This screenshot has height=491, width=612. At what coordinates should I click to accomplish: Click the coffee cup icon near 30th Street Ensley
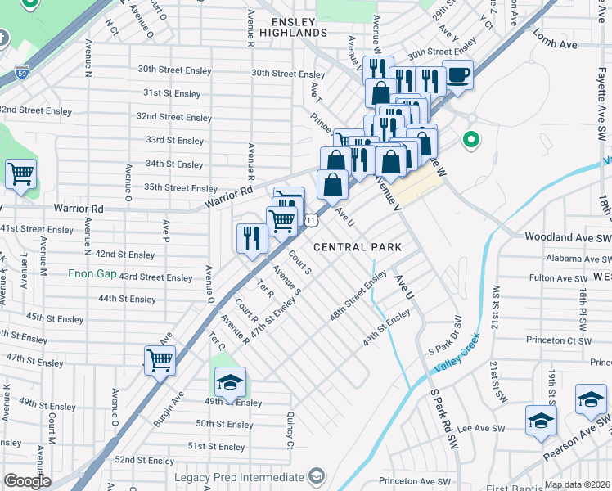457,74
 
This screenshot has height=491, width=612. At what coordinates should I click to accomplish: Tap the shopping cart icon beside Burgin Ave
160,359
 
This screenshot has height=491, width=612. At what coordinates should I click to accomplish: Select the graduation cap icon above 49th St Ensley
230,382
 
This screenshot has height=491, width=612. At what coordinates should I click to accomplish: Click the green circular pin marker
470,140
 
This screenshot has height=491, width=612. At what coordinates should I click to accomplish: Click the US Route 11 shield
311,220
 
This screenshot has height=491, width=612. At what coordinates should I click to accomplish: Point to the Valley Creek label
455,359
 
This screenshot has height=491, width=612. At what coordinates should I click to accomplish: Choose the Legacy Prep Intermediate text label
238,477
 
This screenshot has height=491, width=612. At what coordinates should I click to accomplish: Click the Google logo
27,481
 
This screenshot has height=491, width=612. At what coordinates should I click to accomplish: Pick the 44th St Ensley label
127,299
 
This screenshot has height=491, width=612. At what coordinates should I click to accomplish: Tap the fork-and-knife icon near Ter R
250,238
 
